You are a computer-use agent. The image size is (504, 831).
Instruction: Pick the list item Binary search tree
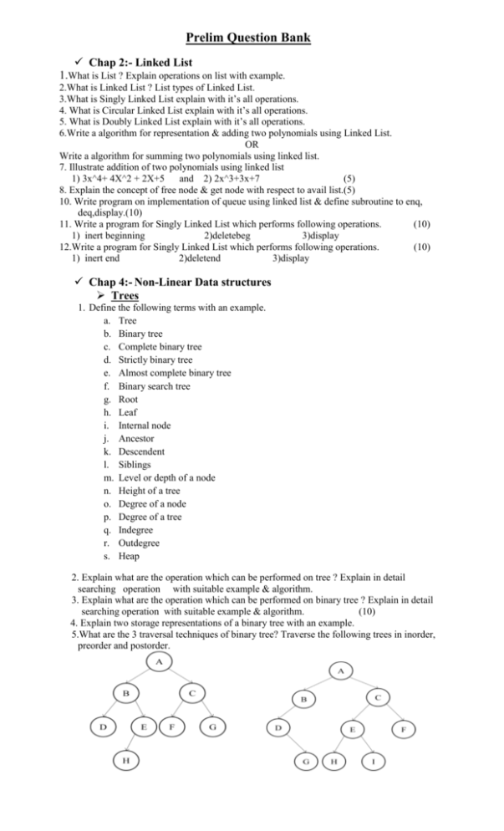click(154, 386)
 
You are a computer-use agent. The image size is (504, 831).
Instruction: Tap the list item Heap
click(129, 556)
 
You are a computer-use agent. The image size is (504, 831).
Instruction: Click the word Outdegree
click(141, 543)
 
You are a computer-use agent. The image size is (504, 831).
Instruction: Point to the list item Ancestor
click(139, 438)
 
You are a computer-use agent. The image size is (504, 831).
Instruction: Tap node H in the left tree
click(125, 760)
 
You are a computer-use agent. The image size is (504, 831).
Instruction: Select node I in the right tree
click(373, 762)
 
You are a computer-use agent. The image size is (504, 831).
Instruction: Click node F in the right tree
click(404, 728)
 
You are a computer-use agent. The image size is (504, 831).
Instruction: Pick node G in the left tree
click(212, 726)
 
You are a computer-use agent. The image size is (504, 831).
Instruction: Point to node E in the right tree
click(353, 729)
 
